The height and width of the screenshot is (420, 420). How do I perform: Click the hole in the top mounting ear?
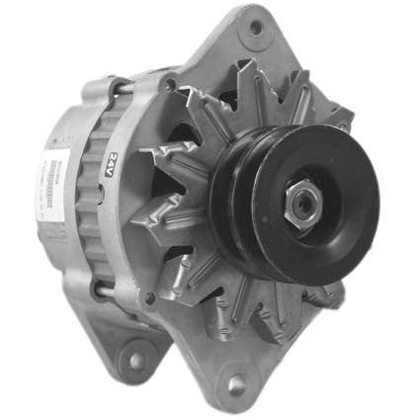pos(256,27)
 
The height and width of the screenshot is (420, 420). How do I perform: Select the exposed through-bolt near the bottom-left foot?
pos(99,290)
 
